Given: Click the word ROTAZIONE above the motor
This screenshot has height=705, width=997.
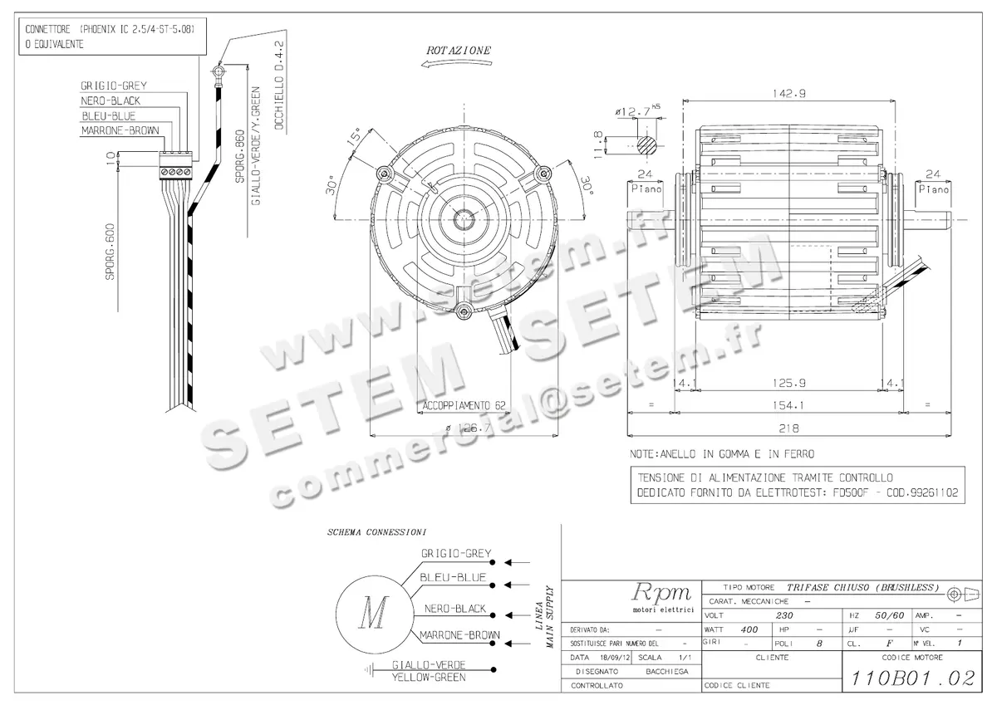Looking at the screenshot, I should (458, 51).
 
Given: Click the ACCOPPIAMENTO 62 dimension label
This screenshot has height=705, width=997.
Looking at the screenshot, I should (464, 406).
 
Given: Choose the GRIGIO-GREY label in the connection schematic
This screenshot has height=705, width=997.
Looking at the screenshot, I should (456, 553).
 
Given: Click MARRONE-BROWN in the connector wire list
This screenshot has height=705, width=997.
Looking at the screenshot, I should (120, 131).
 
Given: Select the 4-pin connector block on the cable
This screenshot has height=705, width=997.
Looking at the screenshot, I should (177, 164).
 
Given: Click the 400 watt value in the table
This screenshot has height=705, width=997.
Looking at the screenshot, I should (749, 629).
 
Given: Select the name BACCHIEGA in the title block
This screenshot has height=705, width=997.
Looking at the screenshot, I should (667, 671).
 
